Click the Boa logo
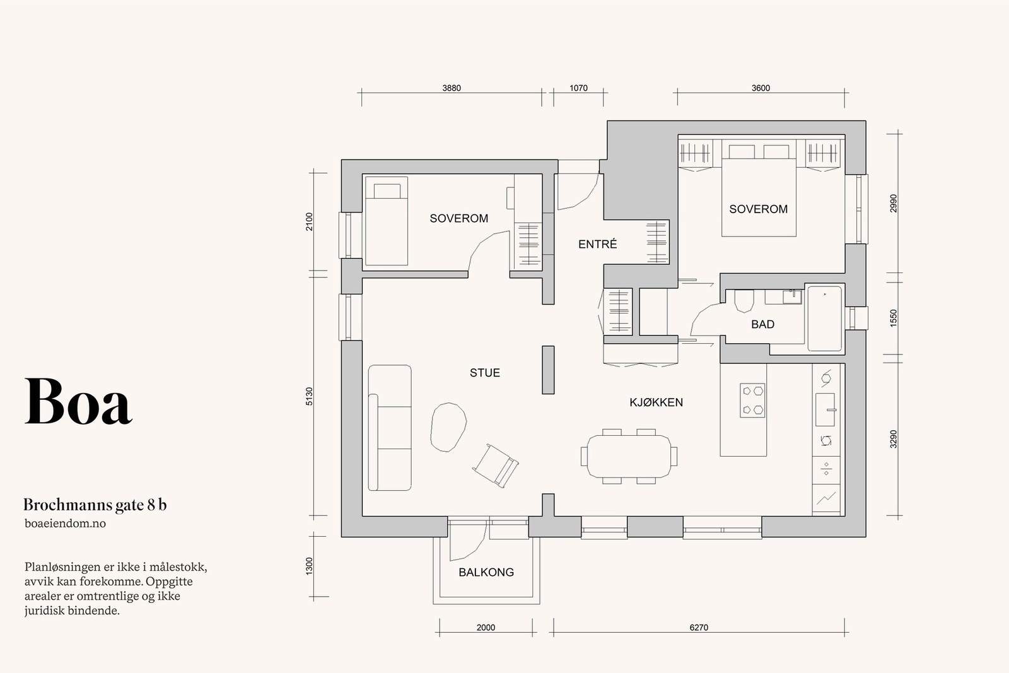[78, 401]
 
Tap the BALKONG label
[486, 572]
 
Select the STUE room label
[485, 373]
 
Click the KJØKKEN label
[656, 402]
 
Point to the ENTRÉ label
[597, 243]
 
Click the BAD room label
[762, 324]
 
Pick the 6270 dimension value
[699, 628]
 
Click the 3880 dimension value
[452, 88]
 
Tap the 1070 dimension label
[578, 88]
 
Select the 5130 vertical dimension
[309, 396]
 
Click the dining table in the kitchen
[629, 456]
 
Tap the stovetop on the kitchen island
[752, 401]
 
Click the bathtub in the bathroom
[824, 318]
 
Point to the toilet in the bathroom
[744, 300]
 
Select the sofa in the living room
[390, 428]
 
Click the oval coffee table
[448, 426]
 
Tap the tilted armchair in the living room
[495, 465]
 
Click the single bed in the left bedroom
[387, 221]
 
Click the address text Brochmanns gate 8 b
[95, 505]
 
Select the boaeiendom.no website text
[66, 524]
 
